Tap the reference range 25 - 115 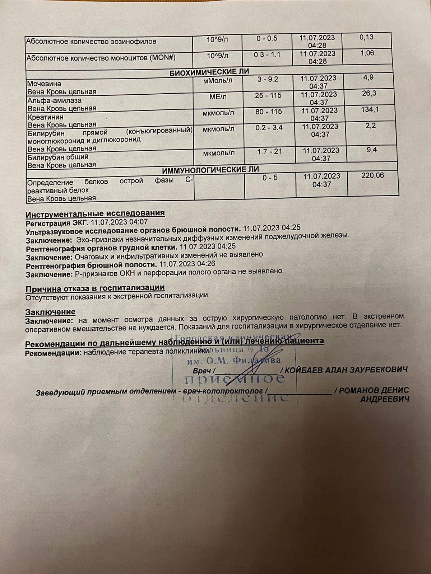[268, 95]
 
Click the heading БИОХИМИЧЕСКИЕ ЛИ [209, 72]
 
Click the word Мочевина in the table [41, 84]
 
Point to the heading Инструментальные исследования [95, 213]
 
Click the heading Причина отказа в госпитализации [95, 288]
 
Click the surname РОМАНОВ [356, 390]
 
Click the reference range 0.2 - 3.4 [269, 128]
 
